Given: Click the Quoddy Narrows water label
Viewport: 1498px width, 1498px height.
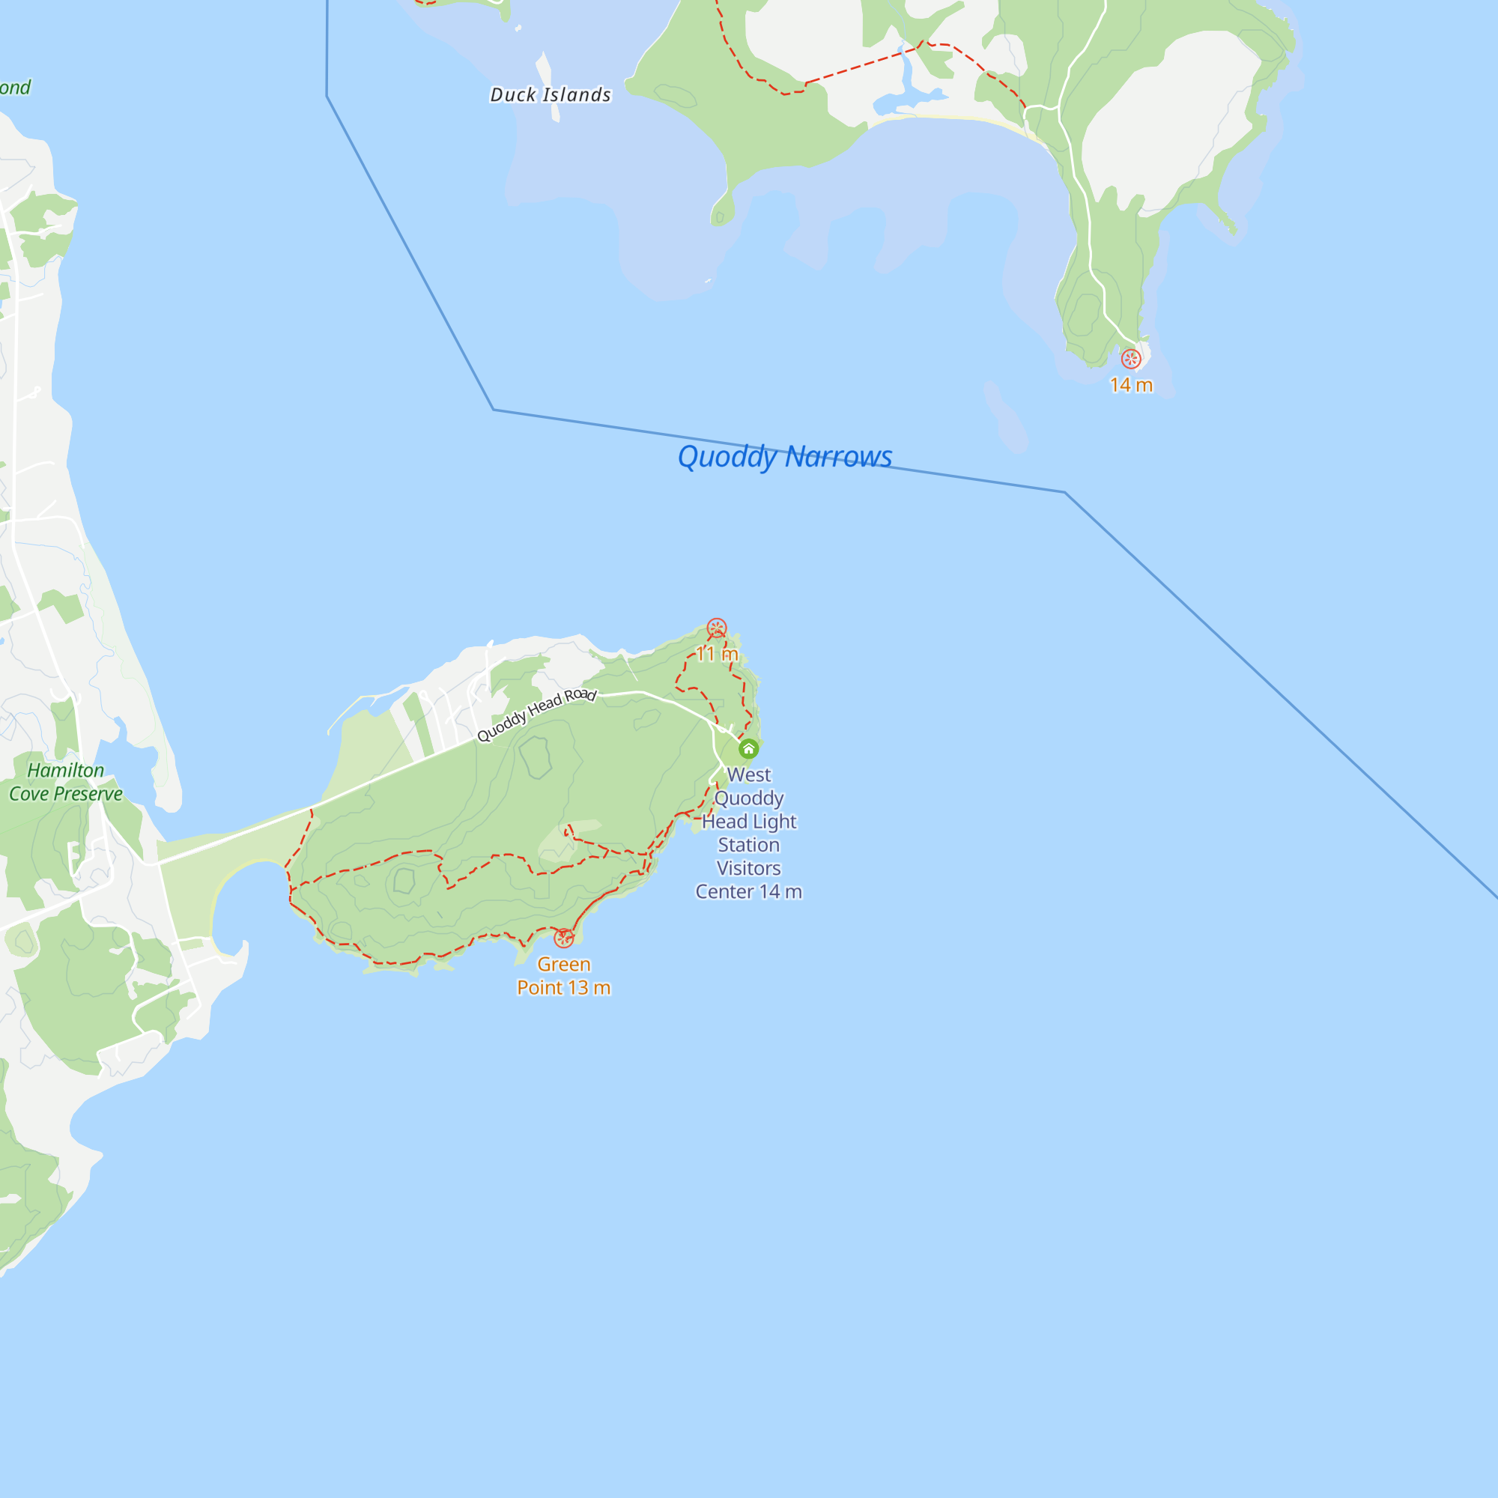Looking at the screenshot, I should coord(785,457).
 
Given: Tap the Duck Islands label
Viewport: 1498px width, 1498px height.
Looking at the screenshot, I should coord(551,94).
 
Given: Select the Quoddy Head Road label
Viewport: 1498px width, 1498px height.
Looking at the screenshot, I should coord(536,715).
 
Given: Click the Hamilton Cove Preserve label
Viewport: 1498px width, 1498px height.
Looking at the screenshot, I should coord(66,781).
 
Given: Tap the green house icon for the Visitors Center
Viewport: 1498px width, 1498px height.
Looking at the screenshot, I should coord(748,749).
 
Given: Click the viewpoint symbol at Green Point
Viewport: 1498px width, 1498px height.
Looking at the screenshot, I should coord(564,938).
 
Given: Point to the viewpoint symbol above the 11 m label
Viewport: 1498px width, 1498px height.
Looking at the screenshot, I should coord(717,628).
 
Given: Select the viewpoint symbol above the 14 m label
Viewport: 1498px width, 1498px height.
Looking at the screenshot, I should coord(1131,359).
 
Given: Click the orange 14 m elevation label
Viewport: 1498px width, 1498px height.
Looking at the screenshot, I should coord(1131,385).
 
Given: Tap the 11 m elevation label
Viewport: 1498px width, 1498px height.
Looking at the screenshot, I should coord(717,654).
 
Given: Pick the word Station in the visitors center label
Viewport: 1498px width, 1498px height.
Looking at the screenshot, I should coord(748,845).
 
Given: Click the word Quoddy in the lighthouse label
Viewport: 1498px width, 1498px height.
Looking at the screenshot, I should coord(749,798).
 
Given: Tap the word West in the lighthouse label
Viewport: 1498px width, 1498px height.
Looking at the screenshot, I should coord(749,774).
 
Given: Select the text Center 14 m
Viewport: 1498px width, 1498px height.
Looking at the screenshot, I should coord(748,891).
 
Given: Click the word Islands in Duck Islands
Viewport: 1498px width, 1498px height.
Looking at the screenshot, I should coord(577,94).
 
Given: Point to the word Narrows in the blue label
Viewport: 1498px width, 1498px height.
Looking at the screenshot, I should coord(838,457).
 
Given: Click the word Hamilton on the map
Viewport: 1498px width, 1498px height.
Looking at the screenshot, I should coord(66,770).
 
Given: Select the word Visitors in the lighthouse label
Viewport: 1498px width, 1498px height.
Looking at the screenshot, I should coord(748,868).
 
